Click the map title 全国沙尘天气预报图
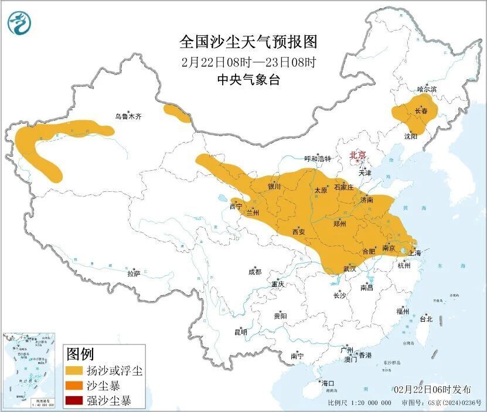248,42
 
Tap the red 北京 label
357,155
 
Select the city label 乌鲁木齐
128,117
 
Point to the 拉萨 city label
134,273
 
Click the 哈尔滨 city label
427,89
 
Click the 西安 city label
298,232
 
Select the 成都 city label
255,272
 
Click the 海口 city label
327,383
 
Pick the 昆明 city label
241,332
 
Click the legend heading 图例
80,354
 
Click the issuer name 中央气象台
248,80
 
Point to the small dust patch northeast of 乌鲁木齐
177,113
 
